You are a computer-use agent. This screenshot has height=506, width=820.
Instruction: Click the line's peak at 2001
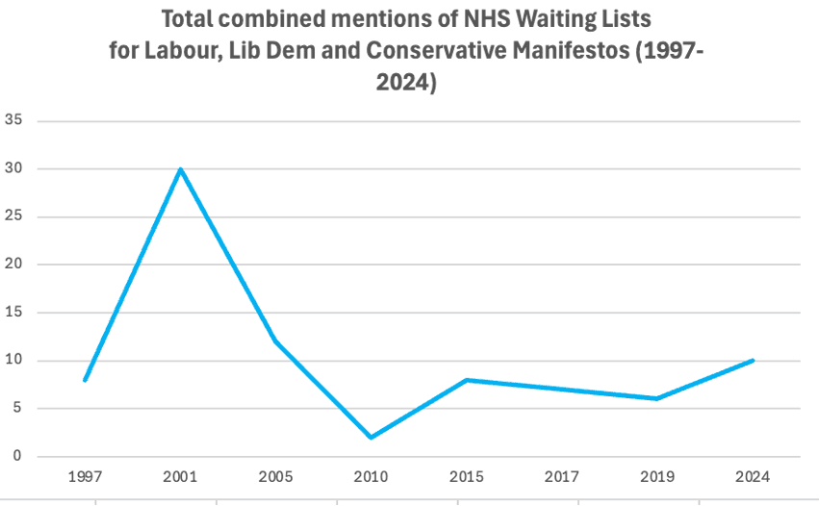180,169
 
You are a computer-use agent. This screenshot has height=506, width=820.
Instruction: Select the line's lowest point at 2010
371,438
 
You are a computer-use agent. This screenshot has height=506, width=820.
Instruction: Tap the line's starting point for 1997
85,380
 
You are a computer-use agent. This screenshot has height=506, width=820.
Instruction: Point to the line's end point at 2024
753,361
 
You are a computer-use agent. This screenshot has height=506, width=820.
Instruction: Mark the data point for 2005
275,342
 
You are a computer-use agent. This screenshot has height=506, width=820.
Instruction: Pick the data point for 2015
466,380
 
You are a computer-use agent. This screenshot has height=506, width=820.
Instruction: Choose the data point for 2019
656,398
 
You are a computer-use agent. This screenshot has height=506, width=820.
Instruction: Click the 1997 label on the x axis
85,477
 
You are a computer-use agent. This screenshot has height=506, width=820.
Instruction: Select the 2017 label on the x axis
561,477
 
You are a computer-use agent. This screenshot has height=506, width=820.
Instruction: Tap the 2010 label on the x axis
371,477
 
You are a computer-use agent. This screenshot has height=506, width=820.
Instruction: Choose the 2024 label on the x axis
753,477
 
